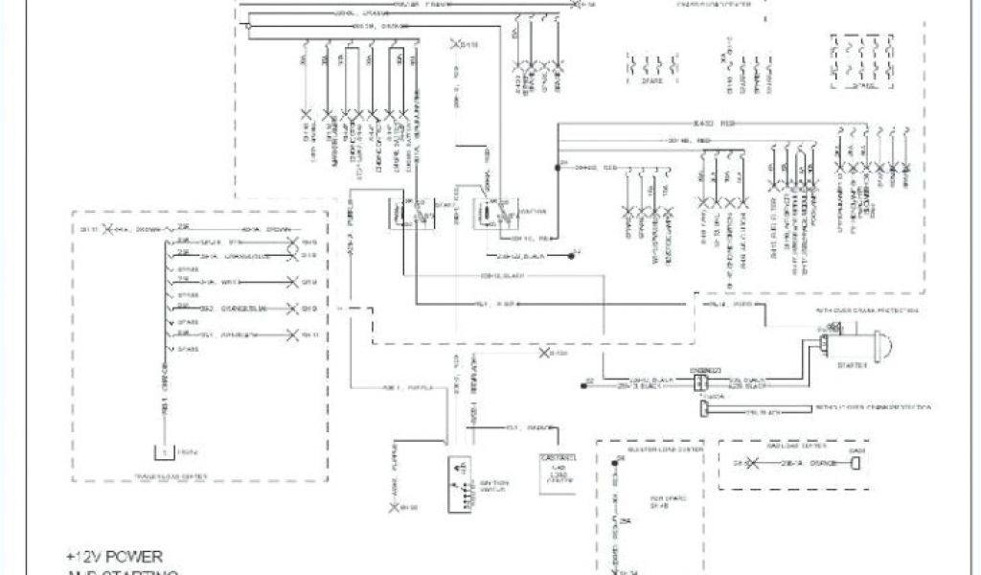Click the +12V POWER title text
tap(114, 556)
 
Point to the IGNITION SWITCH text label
tap(505, 484)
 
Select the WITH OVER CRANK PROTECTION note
tap(868, 310)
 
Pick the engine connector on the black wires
tap(698, 379)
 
